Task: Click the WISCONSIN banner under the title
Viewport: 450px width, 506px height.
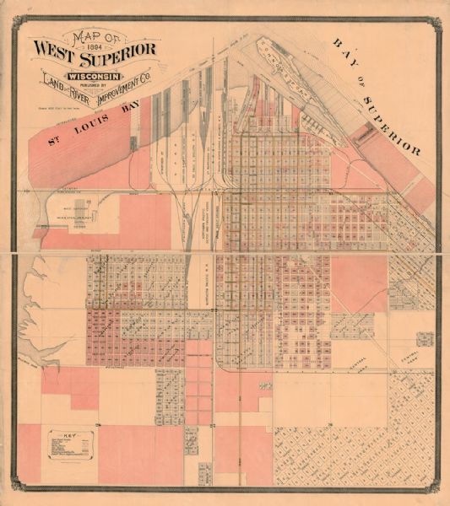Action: (x=95, y=70)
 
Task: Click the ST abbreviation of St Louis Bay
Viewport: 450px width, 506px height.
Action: (x=54, y=139)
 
